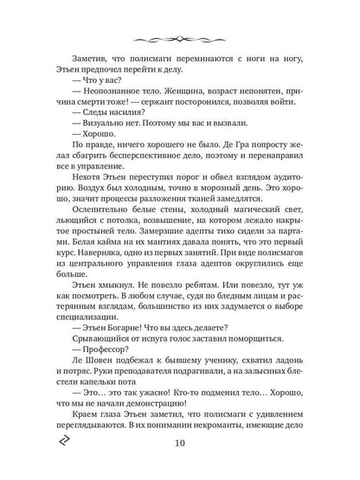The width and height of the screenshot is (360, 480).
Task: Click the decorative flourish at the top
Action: click(x=180, y=39)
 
